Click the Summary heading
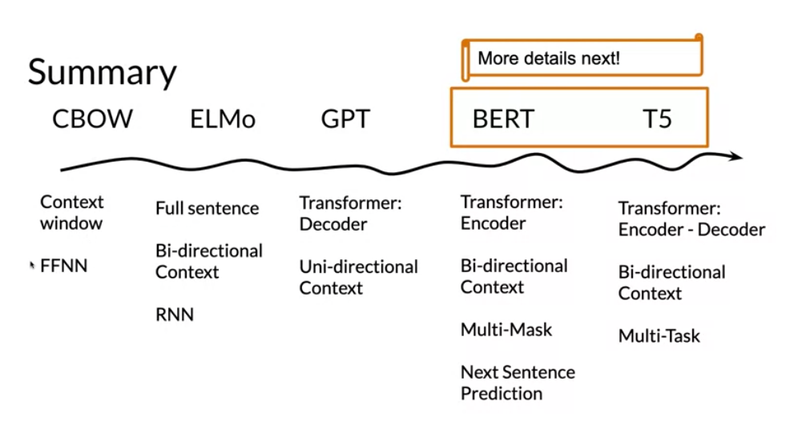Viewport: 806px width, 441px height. point(103,72)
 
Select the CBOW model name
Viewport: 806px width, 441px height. point(92,119)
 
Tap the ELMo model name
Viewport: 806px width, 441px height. point(223,119)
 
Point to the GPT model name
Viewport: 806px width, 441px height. point(345,119)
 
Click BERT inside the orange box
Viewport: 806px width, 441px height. point(503,119)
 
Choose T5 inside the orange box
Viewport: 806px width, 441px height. point(657,119)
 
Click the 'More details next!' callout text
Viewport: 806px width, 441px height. point(549,58)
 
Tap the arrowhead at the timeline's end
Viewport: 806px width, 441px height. point(737,156)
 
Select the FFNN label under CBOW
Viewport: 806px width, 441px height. point(64,266)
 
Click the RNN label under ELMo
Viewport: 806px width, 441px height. point(175,315)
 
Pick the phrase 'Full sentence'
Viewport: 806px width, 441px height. point(208,208)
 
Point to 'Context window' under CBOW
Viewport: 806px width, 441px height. point(72,213)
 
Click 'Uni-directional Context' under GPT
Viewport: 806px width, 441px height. point(359,277)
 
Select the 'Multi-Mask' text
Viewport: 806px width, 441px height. point(506,330)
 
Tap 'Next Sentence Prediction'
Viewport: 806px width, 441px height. point(518,383)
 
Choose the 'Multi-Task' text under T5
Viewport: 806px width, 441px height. point(659,336)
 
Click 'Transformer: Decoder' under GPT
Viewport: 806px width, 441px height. point(351,214)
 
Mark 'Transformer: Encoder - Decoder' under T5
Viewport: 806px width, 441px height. point(692,218)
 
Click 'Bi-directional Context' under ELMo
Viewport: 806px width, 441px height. point(209,261)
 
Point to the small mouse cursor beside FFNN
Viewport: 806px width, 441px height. point(32,266)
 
